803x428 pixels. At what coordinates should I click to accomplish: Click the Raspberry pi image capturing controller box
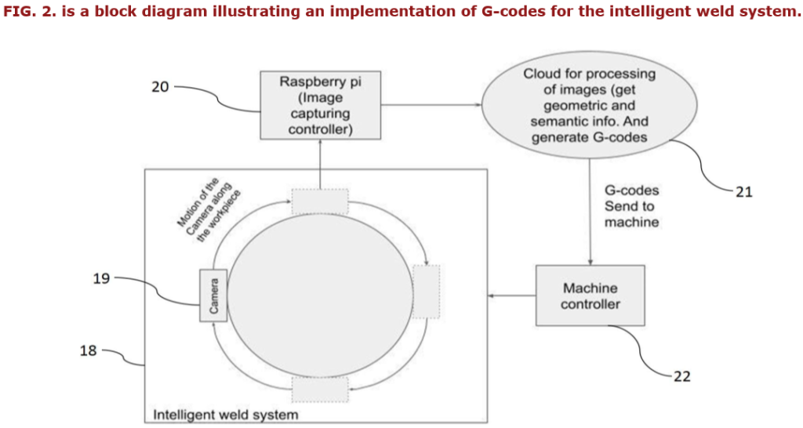pos(321,105)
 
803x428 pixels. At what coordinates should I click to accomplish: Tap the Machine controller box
pos(590,296)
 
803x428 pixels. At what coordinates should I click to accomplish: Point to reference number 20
pos(160,87)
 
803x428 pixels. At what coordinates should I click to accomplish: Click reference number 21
pos(744,191)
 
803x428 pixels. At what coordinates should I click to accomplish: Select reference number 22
pos(682,376)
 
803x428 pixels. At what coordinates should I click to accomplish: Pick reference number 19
pos(102,277)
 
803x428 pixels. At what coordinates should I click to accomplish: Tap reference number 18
pos(88,350)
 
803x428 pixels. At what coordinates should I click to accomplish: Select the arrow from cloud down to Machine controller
pos(590,212)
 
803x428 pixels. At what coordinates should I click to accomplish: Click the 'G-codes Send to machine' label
pos(631,206)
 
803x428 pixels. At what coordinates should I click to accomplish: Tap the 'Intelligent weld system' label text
pos(225,414)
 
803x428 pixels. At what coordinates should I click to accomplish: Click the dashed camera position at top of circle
pos(320,201)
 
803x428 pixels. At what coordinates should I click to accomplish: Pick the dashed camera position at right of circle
pos(426,292)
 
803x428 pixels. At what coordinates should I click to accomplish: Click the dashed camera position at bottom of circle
pos(320,388)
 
